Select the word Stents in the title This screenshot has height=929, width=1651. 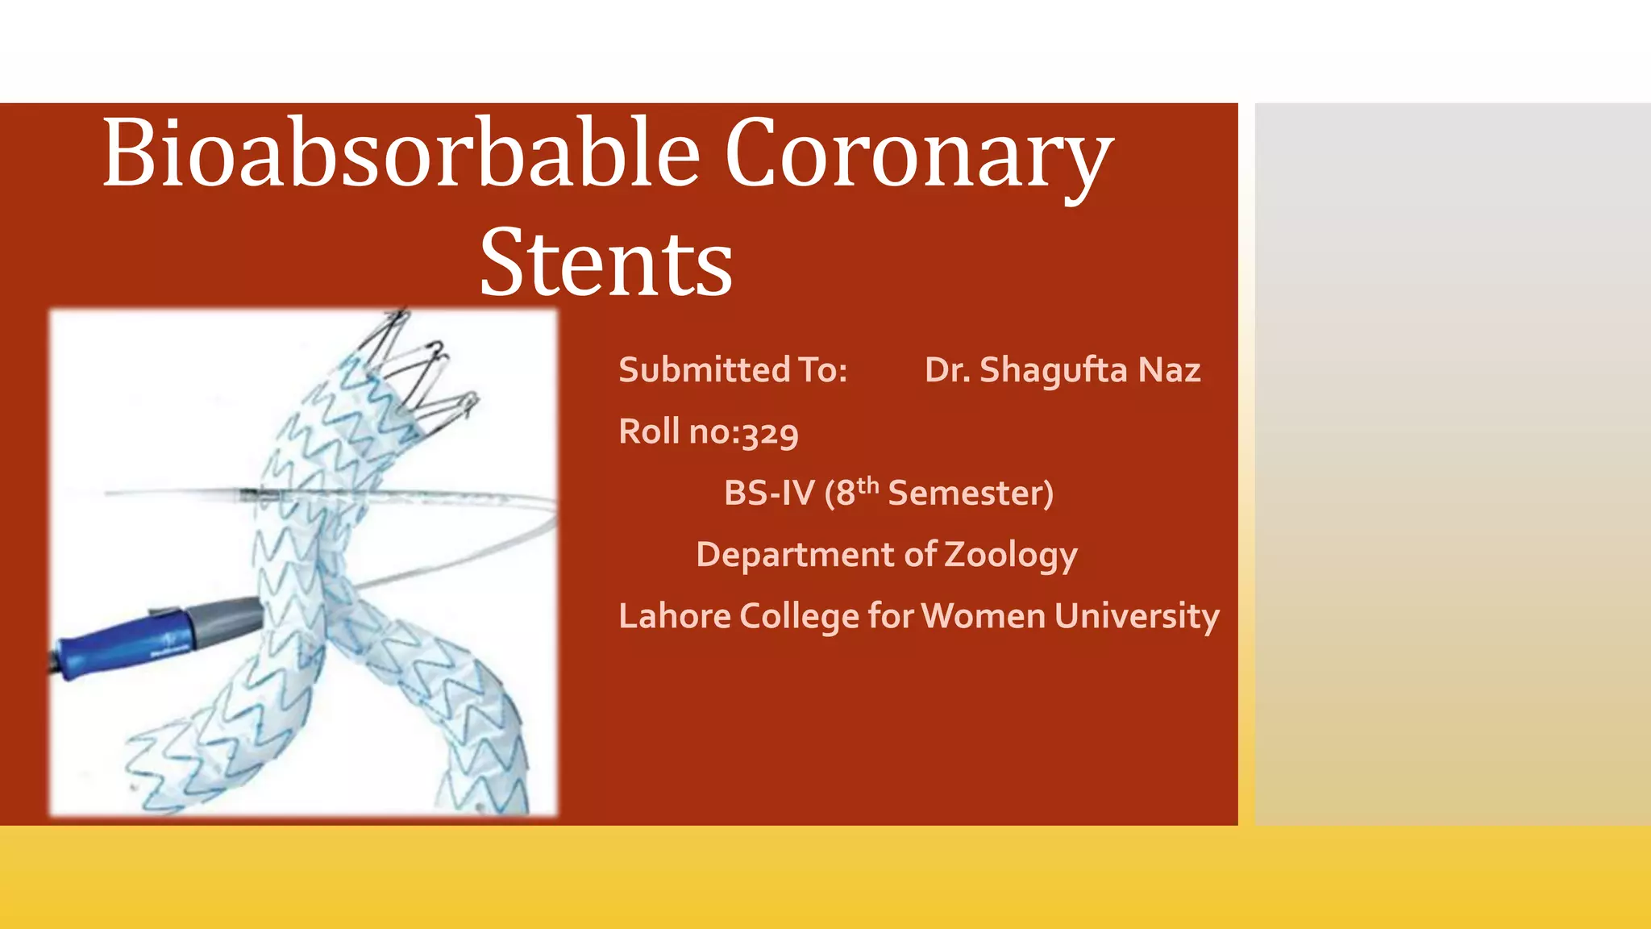tap(606, 264)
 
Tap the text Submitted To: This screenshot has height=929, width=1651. tap(733, 370)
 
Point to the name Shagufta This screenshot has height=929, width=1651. tap(1054, 371)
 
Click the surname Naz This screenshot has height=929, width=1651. tap(1169, 370)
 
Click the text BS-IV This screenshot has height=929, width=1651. tap(769, 494)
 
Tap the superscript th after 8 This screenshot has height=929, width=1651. tap(867, 485)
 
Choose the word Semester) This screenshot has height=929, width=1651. tap(971, 494)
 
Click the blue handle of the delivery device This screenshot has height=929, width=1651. tap(121, 642)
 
